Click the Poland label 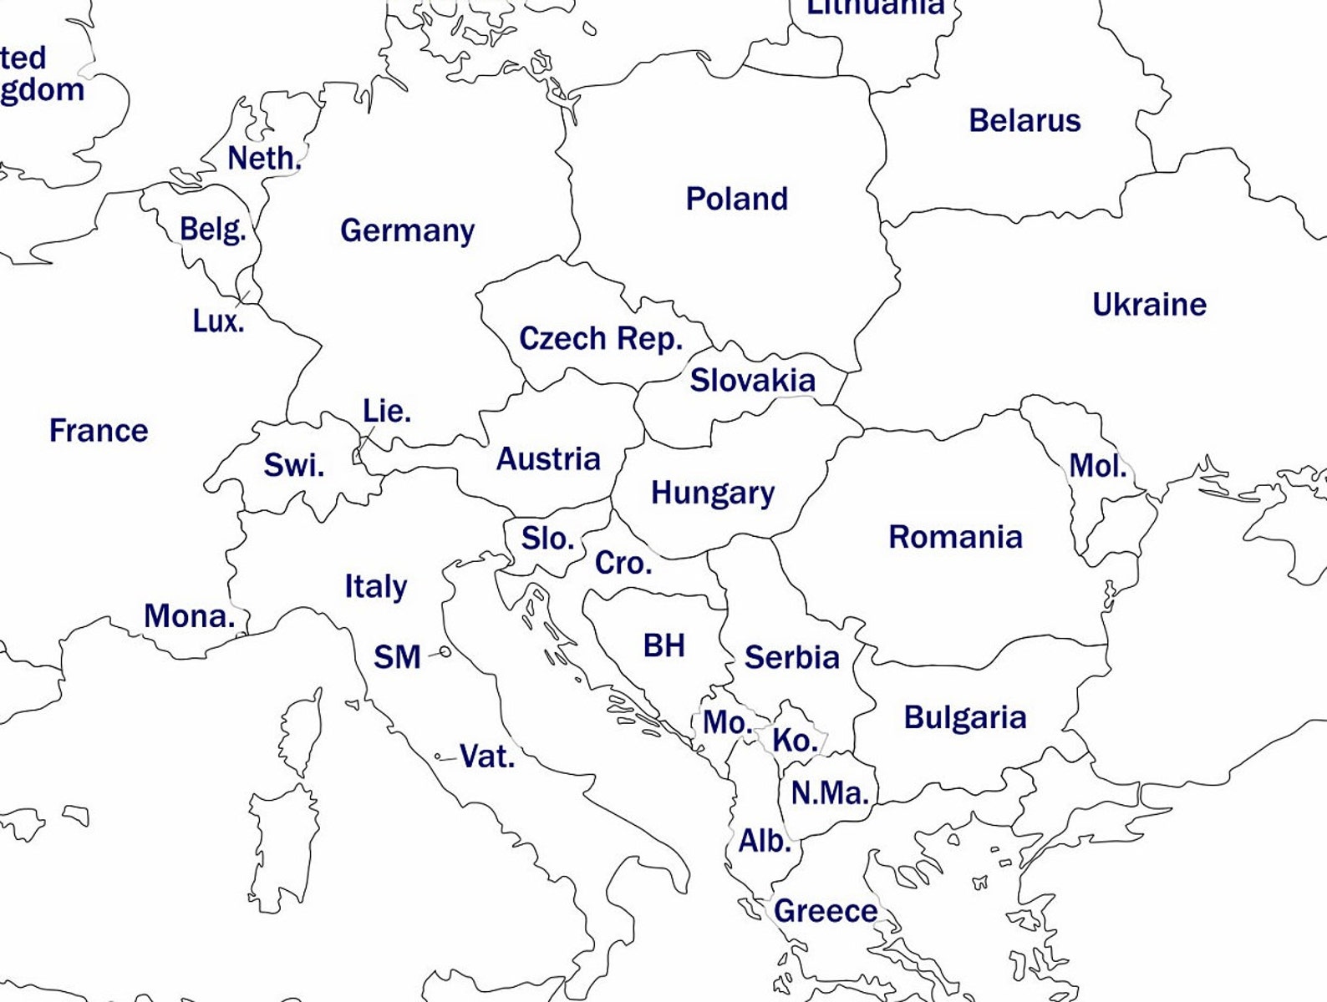click(736, 199)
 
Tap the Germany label click(407, 230)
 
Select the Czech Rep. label click(601, 338)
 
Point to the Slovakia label click(752, 380)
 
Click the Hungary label click(712, 492)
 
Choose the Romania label click(955, 536)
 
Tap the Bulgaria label click(964, 717)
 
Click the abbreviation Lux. click(218, 321)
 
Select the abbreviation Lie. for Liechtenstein click(386, 411)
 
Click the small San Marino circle click(445, 650)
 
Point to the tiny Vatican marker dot click(438, 757)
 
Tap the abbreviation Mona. click(189, 616)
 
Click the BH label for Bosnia click(663, 645)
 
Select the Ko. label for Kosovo click(794, 740)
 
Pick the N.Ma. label click(829, 792)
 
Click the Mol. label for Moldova click(1097, 466)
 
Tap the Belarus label click(1024, 120)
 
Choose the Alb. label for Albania click(764, 840)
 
